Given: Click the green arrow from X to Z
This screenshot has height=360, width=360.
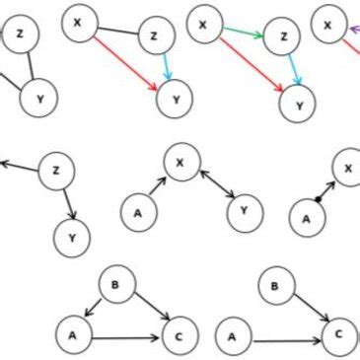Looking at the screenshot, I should click(242, 32).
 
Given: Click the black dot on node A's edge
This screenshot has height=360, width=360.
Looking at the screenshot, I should click(318, 199).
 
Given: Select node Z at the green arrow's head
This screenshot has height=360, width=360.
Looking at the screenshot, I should click(284, 37).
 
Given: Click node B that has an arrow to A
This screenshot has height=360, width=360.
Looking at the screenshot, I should click(116, 286).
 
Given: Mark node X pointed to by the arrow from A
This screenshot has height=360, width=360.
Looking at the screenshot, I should click(181, 162).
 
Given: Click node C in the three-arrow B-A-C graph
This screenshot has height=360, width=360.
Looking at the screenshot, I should click(179, 334).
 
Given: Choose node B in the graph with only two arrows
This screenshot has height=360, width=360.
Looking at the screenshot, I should click(276, 287).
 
